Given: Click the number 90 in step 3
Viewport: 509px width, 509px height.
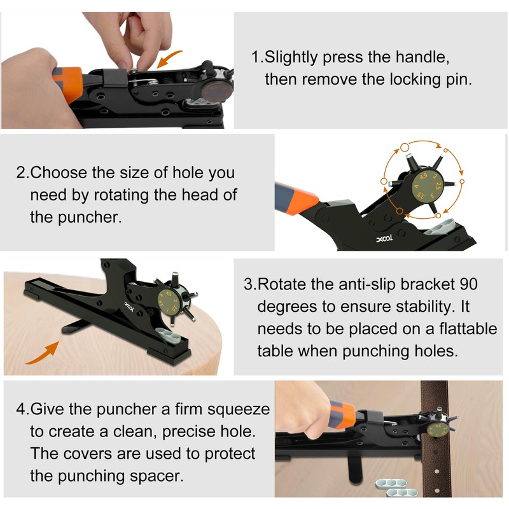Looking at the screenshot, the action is [x=468, y=284].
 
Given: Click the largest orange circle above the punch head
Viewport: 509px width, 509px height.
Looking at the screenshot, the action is [x=405, y=148].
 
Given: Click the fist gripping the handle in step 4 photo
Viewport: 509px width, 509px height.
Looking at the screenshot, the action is [x=301, y=410].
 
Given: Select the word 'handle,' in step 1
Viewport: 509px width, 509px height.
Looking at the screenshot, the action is [x=422, y=57].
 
